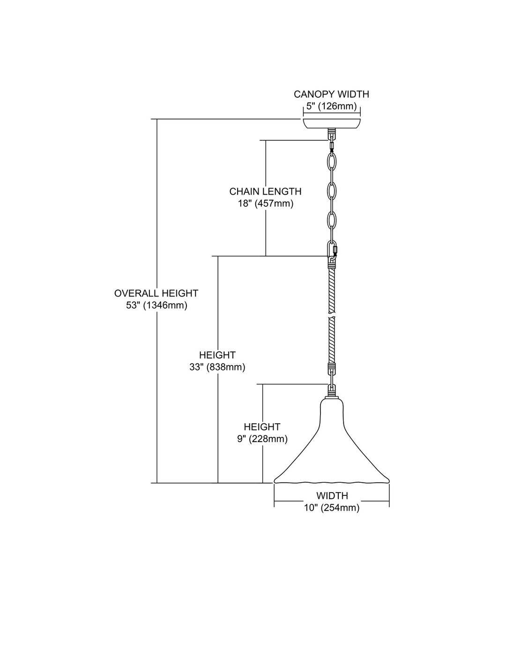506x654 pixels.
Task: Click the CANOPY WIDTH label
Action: click(x=331, y=94)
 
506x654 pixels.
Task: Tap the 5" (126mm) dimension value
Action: click(x=331, y=106)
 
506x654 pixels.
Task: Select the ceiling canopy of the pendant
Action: click(x=332, y=124)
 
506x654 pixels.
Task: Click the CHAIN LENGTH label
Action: click(x=265, y=191)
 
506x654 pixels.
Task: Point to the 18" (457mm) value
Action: click(x=265, y=203)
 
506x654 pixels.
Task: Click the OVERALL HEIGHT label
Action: click(x=156, y=293)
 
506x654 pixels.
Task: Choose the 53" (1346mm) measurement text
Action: click(x=156, y=305)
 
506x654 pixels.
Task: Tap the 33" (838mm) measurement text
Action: click(x=217, y=367)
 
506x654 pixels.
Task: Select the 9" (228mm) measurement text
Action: click(x=262, y=439)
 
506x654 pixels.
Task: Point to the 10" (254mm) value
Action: click(x=332, y=508)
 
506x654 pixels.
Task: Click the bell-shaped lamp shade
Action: click(x=332, y=449)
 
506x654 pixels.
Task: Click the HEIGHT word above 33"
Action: click(x=217, y=355)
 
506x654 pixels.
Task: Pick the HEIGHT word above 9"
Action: click(x=262, y=427)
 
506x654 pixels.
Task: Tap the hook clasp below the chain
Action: click(x=332, y=252)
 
